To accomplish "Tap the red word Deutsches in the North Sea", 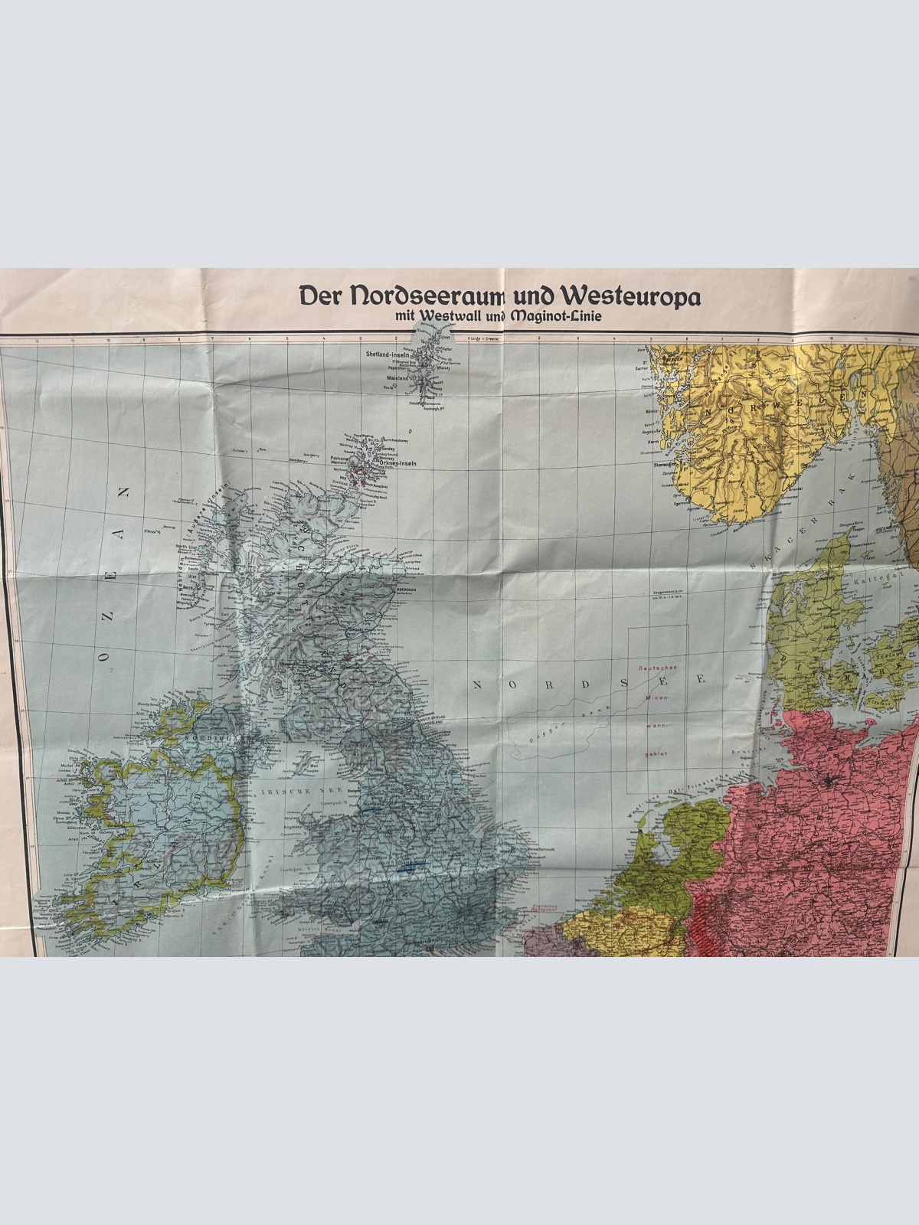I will point(656,668).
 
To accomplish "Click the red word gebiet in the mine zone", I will point(656,753).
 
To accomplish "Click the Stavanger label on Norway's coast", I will point(662,463).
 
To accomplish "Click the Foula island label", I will point(388,387).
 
